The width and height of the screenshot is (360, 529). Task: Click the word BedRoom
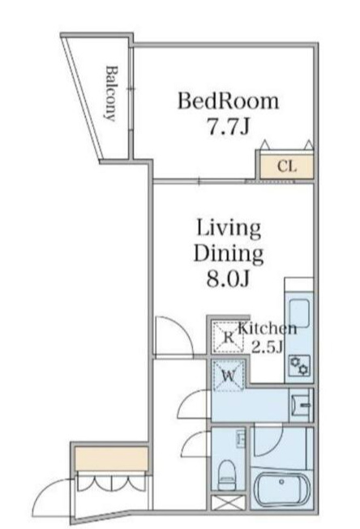click(229, 100)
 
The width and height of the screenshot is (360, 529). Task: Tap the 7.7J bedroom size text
click(229, 127)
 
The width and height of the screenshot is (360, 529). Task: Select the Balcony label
click(111, 93)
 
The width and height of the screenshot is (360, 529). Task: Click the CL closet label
click(287, 166)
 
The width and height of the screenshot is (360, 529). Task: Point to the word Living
click(229, 229)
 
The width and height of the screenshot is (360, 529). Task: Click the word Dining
click(229, 254)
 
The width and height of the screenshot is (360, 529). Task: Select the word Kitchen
click(268, 329)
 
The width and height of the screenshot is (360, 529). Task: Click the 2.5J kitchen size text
click(267, 347)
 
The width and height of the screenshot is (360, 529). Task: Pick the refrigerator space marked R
click(229, 337)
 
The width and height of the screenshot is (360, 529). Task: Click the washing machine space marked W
click(229, 376)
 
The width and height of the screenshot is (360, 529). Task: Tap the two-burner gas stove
click(300, 365)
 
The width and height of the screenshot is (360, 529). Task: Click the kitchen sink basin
click(299, 313)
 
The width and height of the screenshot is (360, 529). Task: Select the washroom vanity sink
click(301, 405)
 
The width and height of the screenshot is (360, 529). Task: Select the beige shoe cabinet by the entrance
click(111, 459)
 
